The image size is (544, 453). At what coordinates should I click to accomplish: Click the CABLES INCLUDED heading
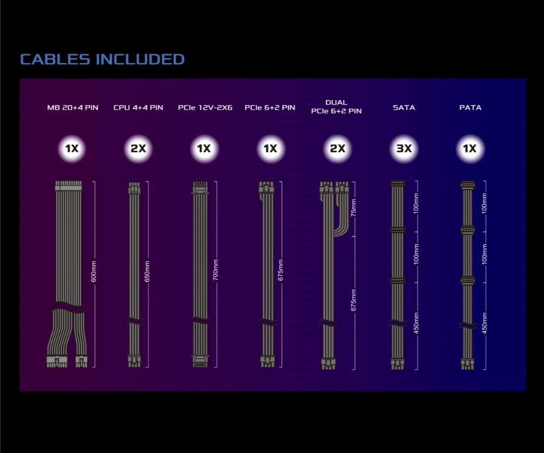tap(102, 59)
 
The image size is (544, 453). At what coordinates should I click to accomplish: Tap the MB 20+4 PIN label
tap(72, 108)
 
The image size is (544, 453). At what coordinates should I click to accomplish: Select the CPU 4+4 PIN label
tap(138, 108)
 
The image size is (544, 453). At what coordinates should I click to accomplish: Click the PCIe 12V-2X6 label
tap(205, 108)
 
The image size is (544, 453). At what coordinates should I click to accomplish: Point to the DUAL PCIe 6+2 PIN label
tap(336, 107)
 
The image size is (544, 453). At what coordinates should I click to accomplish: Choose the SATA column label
tap(404, 108)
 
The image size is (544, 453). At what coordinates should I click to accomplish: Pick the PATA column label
tap(470, 108)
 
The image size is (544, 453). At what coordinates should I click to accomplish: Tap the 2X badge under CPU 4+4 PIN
tap(138, 149)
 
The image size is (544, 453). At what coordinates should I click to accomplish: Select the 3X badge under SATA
tap(404, 149)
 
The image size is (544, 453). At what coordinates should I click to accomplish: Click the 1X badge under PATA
tap(470, 149)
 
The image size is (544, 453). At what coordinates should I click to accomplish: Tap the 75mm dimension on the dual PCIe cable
tap(353, 207)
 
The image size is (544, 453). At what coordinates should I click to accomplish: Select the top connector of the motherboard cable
tap(68, 186)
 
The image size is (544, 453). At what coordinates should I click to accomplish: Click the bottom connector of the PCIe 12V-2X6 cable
tap(200, 361)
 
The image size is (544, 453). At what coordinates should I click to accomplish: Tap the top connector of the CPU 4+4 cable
tap(134, 188)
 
